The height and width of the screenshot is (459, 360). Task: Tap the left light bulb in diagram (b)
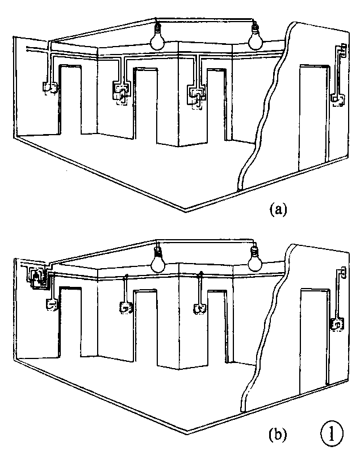pos(158,261)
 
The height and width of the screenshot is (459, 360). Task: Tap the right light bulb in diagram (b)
pos(256,260)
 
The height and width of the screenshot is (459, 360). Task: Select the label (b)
pos(278,434)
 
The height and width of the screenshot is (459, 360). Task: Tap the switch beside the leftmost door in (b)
pos(52,305)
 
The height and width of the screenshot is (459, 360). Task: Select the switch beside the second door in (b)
pos(126,308)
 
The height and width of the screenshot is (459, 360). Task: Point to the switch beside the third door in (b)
pos(200,309)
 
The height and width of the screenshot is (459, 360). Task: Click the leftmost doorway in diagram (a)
pos(70,100)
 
